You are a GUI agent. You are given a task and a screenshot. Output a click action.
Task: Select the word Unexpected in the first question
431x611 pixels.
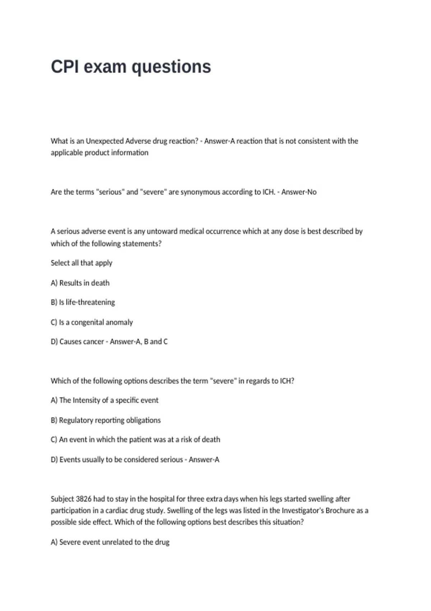pyautogui.click(x=104, y=141)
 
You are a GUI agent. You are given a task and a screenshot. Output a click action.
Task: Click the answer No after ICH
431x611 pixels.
pyautogui.click(x=311, y=192)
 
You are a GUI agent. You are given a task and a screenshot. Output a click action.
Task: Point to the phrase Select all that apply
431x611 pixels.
pyautogui.click(x=82, y=263)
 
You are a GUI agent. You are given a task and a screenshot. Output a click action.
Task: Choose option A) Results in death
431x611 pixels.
pyautogui.click(x=80, y=283)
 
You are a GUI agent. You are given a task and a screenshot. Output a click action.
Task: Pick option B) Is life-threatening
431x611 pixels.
pyautogui.click(x=83, y=302)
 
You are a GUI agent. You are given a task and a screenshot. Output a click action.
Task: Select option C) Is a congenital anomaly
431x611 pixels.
pyautogui.click(x=92, y=322)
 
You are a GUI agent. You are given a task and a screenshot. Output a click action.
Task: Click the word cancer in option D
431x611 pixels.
pyautogui.click(x=94, y=341)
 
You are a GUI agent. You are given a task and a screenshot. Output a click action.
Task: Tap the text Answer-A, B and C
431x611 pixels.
pyautogui.click(x=139, y=341)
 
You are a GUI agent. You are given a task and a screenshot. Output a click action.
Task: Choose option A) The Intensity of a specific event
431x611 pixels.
pyautogui.click(x=105, y=400)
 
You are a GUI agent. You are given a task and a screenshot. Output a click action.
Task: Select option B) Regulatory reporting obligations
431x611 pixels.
pyautogui.click(x=106, y=420)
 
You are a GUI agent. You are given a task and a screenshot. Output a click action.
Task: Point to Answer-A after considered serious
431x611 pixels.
pyautogui.click(x=204, y=459)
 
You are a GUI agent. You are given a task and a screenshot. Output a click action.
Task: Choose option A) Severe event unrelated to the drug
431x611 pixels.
pyautogui.click(x=110, y=542)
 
